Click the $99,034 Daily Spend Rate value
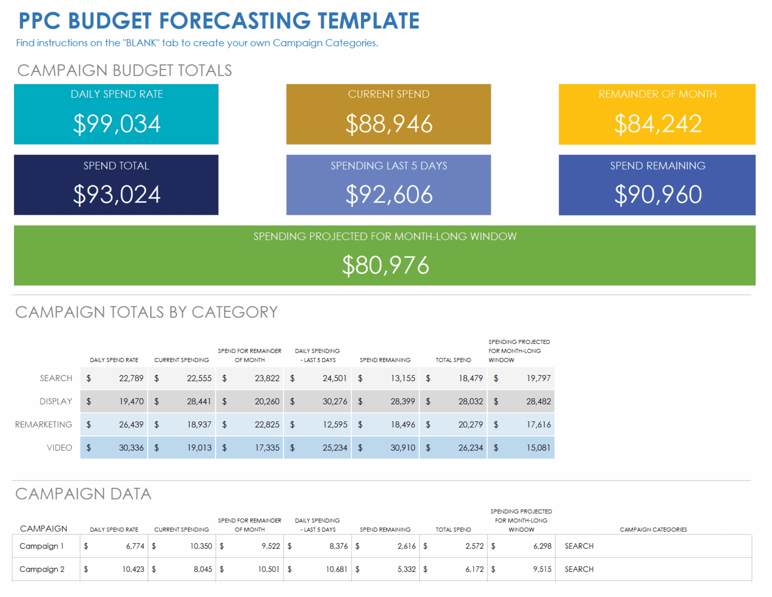click(117, 124)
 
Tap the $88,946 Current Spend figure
click(388, 124)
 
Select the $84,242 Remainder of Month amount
click(657, 124)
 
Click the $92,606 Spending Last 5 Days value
click(388, 195)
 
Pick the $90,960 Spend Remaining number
click(657, 195)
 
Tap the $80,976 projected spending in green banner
click(385, 265)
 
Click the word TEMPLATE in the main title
click(368, 21)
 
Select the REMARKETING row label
click(43, 424)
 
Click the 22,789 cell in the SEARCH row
click(131, 378)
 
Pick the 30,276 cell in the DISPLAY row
click(334, 401)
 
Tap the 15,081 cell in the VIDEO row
click(538, 448)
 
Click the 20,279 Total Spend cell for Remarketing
click(470, 424)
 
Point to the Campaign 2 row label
click(42, 569)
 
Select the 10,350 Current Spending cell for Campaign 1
click(201, 546)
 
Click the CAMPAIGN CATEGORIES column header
click(653, 529)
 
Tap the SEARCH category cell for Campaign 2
click(579, 569)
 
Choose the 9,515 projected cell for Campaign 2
click(542, 569)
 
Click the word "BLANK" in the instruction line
click(141, 43)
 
